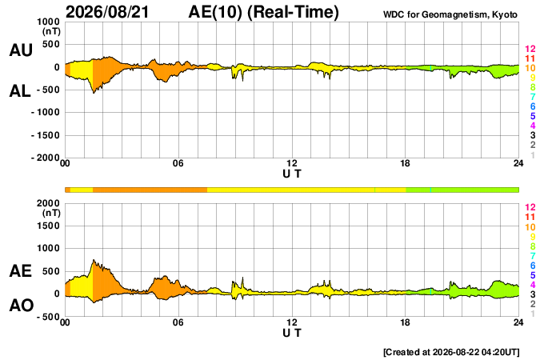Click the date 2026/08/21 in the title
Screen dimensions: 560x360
click(x=107, y=12)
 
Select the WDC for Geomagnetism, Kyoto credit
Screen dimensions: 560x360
click(x=450, y=14)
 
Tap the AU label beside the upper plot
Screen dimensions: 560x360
click(x=21, y=50)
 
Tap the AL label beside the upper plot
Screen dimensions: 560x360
click(x=20, y=91)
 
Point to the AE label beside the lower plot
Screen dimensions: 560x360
click(x=20, y=271)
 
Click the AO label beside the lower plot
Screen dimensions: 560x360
click(x=22, y=306)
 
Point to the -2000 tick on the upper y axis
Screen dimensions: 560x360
click(x=46, y=158)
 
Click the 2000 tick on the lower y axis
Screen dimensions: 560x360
click(x=48, y=203)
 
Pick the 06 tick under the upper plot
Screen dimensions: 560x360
click(x=178, y=163)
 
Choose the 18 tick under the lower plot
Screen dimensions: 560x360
click(x=405, y=322)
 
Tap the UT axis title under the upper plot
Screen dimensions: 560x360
click(x=292, y=174)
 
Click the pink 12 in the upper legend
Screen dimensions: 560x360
click(x=530, y=49)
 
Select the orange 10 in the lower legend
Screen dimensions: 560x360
click(x=530, y=227)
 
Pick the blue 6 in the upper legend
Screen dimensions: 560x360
click(x=533, y=106)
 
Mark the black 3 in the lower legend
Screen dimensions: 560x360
click(x=533, y=294)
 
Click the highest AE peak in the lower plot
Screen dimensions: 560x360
click(x=94, y=260)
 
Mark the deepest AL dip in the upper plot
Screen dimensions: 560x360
click(x=94, y=94)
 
